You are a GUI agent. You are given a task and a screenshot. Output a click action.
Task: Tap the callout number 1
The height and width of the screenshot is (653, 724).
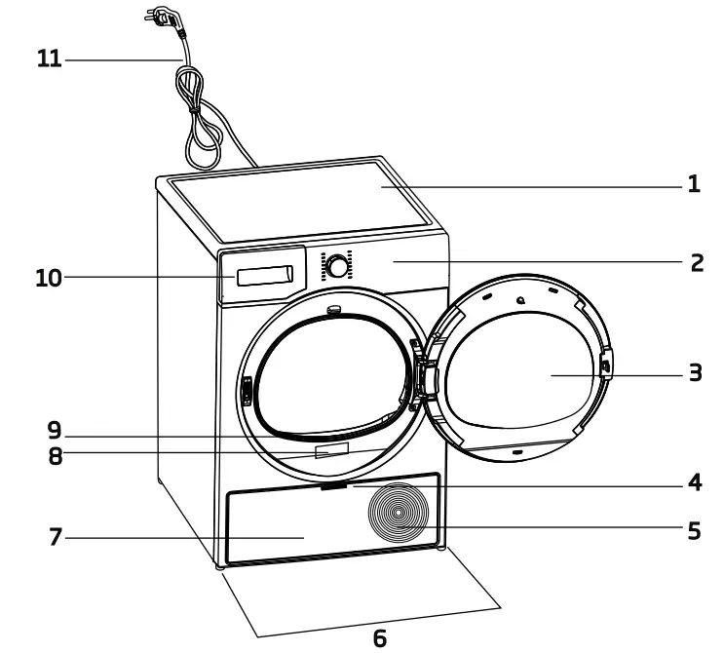click(694, 184)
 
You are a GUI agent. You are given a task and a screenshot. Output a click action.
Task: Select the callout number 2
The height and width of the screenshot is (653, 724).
click(696, 262)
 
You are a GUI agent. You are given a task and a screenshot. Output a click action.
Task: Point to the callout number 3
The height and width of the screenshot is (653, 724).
click(695, 373)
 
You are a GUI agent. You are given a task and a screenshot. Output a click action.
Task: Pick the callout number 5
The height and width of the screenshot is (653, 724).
click(694, 531)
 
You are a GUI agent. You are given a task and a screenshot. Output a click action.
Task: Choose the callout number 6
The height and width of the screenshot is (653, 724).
click(379, 638)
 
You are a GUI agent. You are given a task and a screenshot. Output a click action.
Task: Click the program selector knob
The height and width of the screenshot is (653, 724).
click(337, 266)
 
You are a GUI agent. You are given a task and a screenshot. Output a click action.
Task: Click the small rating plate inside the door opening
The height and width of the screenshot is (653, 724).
click(331, 450)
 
